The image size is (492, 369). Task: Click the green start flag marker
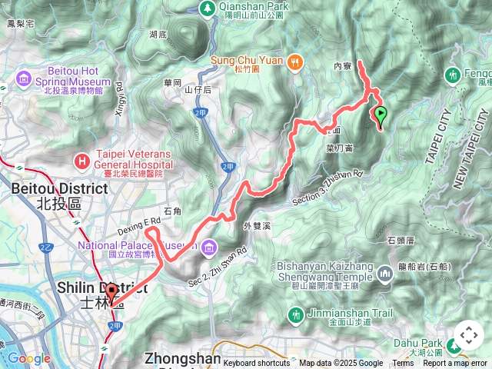380,116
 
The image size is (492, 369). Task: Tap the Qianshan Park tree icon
207,8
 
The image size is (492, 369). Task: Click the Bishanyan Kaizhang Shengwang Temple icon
384,274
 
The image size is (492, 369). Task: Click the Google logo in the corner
29,358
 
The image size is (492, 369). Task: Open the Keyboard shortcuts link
257,364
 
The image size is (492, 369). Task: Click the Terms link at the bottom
403,364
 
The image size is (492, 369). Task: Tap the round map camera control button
468,336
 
